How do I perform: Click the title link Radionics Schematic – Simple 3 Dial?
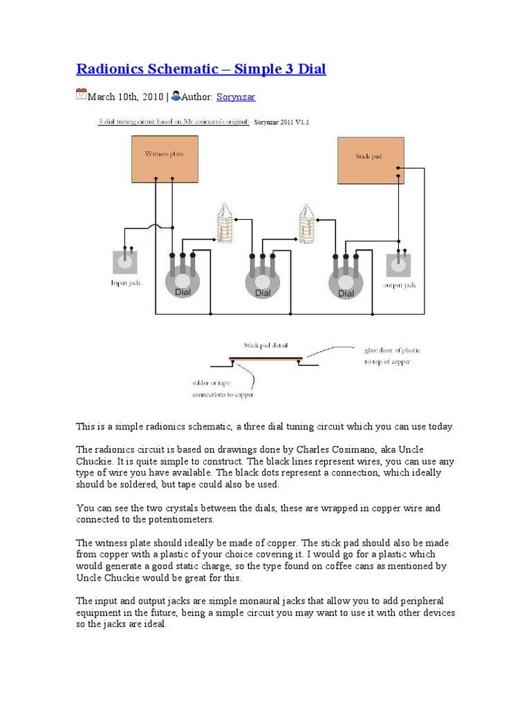pos(201,69)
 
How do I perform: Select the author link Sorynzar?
pos(236,97)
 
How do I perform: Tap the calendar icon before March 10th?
pos(81,95)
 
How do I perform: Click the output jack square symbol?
pos(399,263)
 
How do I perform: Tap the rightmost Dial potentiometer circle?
pos(346,281)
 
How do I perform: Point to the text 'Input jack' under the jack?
pos(125,283)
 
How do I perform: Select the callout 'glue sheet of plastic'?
pos(392,350)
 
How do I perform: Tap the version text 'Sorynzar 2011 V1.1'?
pos(282,122)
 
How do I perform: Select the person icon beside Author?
pos(176,95)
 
